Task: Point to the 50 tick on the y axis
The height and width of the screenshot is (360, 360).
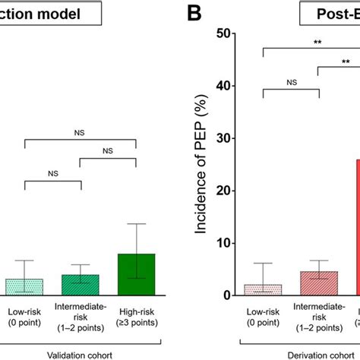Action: pos(233,34)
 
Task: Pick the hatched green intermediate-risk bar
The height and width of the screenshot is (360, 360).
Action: pos(80,284)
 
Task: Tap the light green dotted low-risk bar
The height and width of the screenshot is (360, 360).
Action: pos(24,286)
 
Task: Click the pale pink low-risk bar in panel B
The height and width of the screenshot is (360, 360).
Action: pos(264,289)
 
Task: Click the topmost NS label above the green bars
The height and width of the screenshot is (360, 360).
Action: pos(80,133)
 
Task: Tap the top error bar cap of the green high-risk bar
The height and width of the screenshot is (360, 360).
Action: pos(135,224)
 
